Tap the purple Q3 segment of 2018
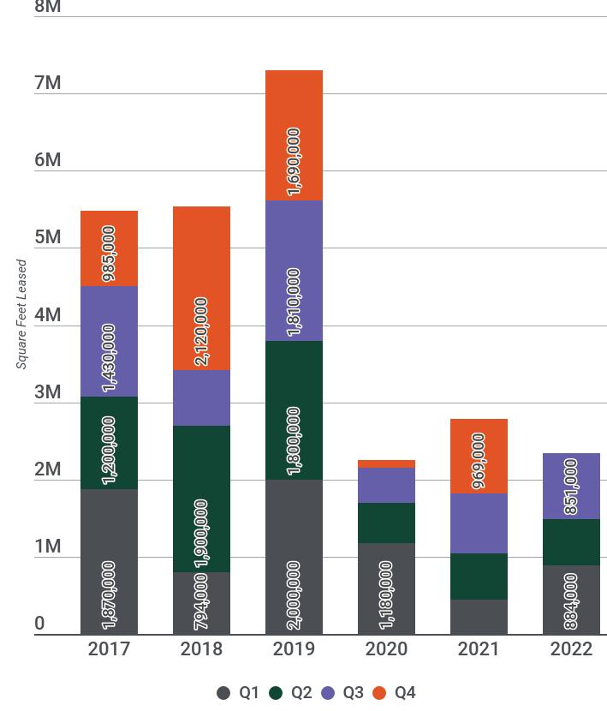201,397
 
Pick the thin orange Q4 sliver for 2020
386,464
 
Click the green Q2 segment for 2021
479,577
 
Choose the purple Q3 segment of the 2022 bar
571,486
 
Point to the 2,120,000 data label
201,332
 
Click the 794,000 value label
201,601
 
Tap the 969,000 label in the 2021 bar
479,461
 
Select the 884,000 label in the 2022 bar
571,601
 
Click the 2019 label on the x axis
294,648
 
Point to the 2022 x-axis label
571,648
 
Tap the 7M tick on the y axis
48,83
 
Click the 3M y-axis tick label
48,392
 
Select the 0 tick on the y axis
39,624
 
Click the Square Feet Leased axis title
21,314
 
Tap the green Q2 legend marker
277,693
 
